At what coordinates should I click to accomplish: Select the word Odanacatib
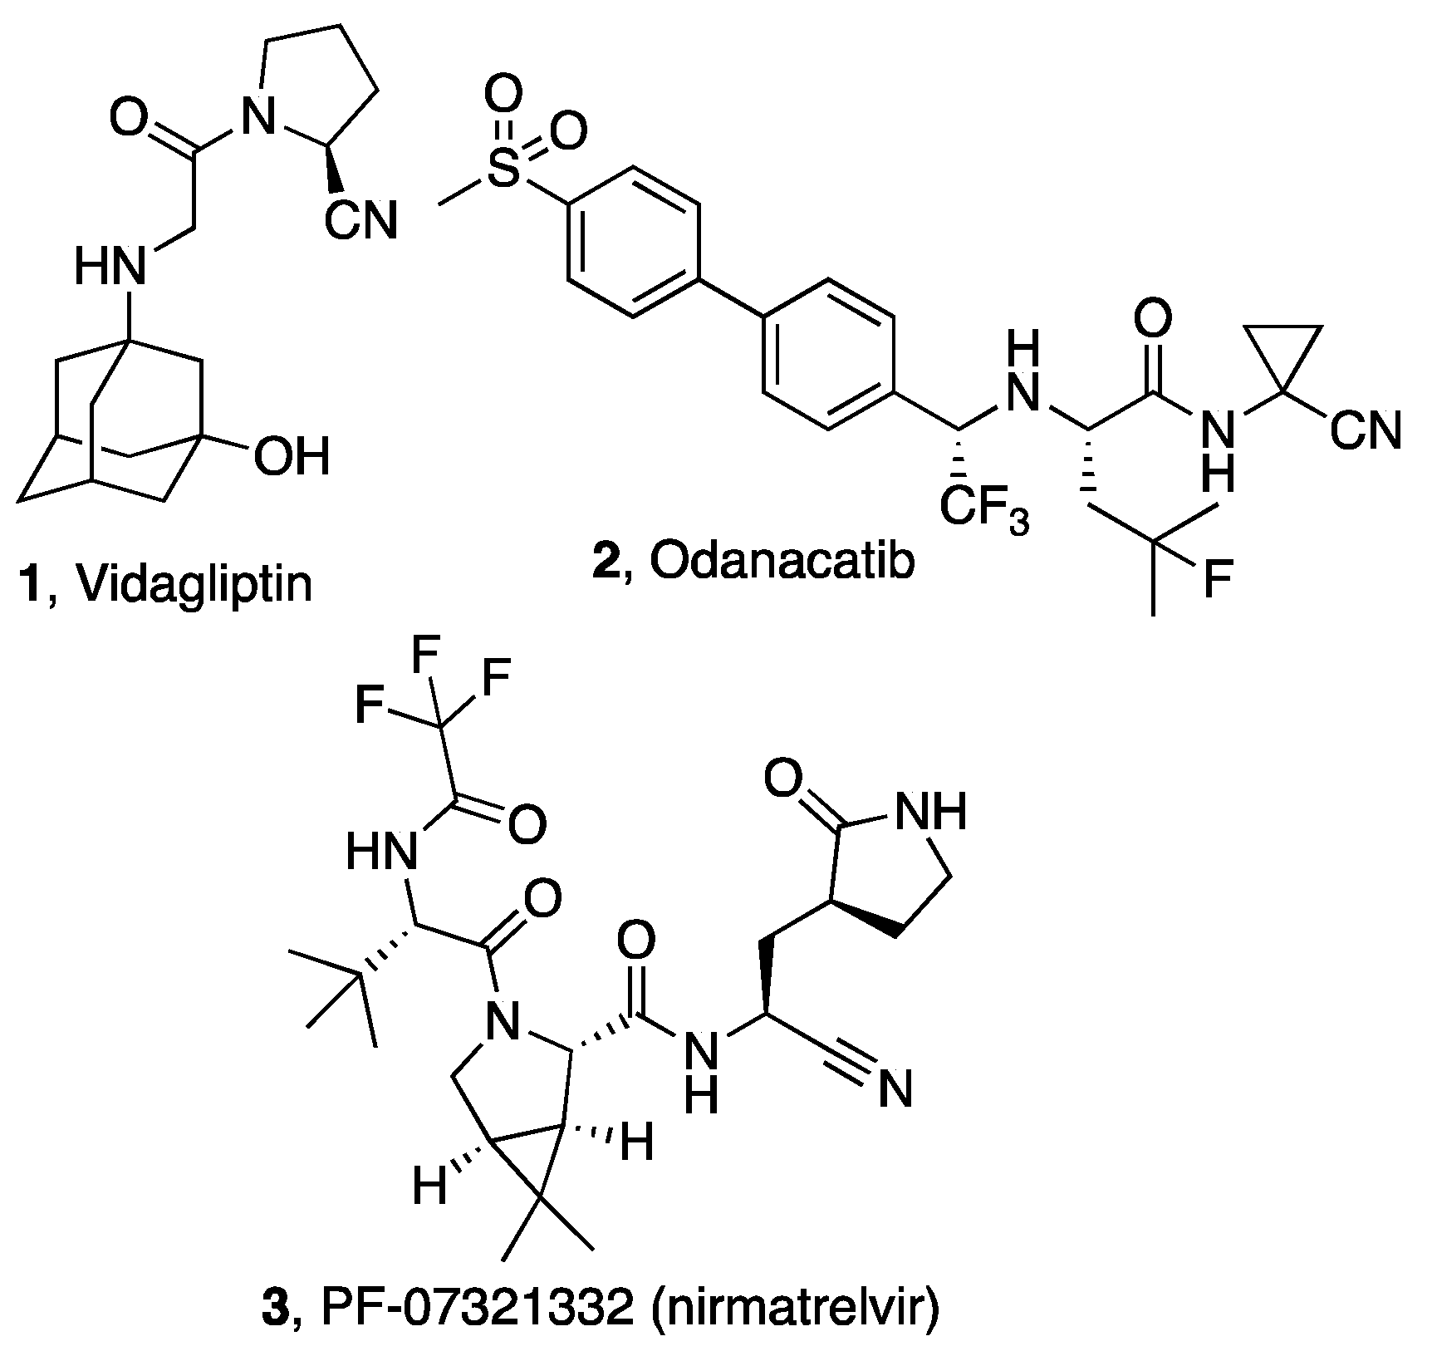pyautogui.click(x=782, y=563)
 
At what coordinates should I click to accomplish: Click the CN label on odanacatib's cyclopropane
pyautogui.click(x=1365, y=432)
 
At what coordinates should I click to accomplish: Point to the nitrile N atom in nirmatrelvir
pyautogui.click(x=895, y=1088)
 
